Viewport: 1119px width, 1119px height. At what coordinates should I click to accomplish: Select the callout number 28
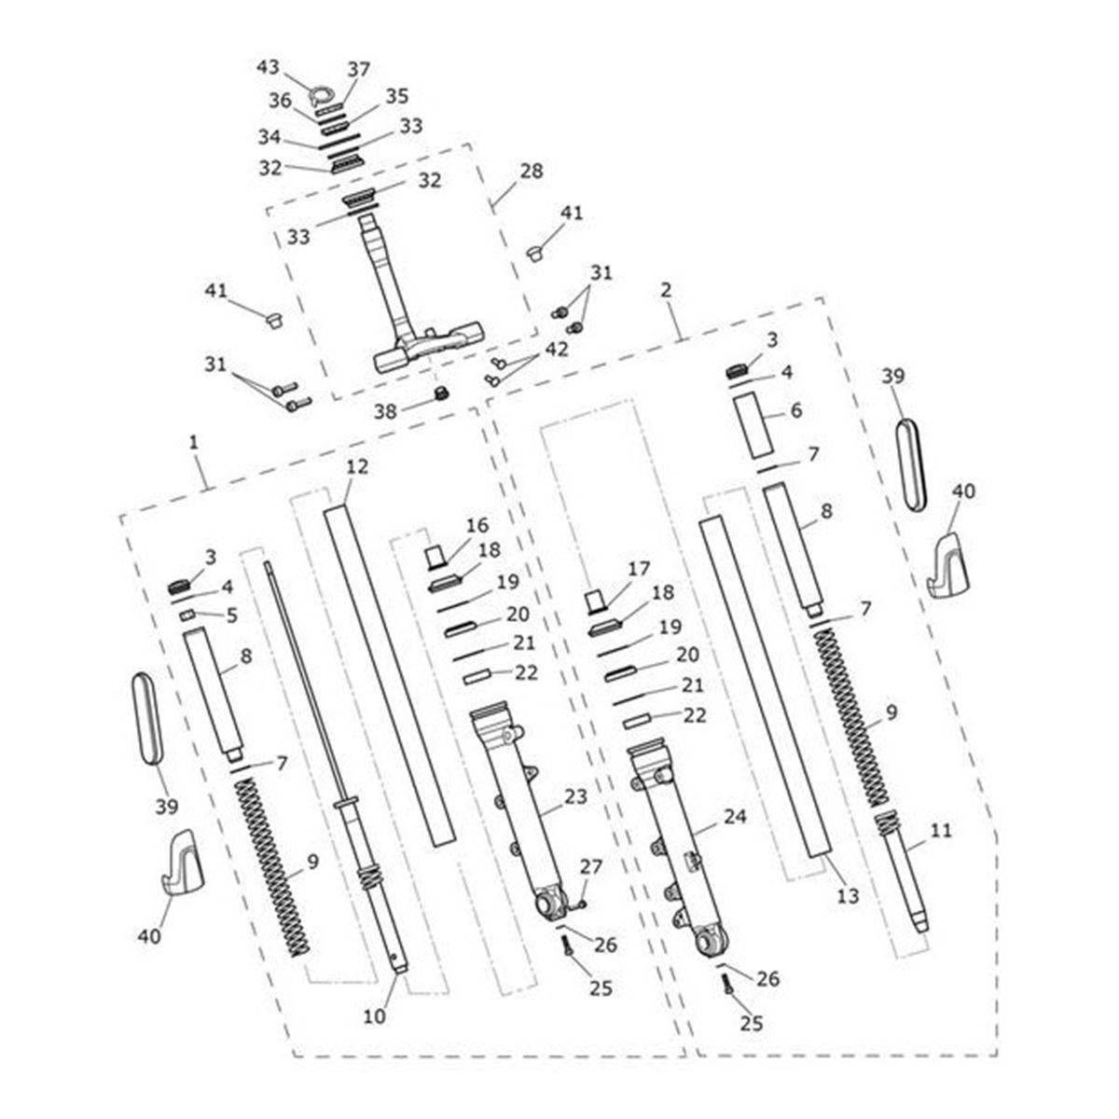[532, 172]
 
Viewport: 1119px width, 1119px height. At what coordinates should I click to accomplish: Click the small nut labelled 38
[442, 392]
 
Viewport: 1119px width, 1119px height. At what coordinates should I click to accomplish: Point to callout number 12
[357, 466]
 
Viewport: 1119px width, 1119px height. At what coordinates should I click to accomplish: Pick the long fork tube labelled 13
[765, 690]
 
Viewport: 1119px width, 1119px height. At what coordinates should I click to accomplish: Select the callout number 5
[231, 615]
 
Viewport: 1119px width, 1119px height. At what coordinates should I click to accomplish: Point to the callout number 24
[735, 817]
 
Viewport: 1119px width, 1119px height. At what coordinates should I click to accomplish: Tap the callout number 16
[477, 525]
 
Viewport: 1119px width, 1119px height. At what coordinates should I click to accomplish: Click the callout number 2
[665, 291]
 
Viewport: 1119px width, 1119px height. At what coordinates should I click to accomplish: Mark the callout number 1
[193, 442]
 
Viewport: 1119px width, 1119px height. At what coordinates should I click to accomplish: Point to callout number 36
[281, 99]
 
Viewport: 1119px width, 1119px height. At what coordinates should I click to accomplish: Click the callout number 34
[269, 137]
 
